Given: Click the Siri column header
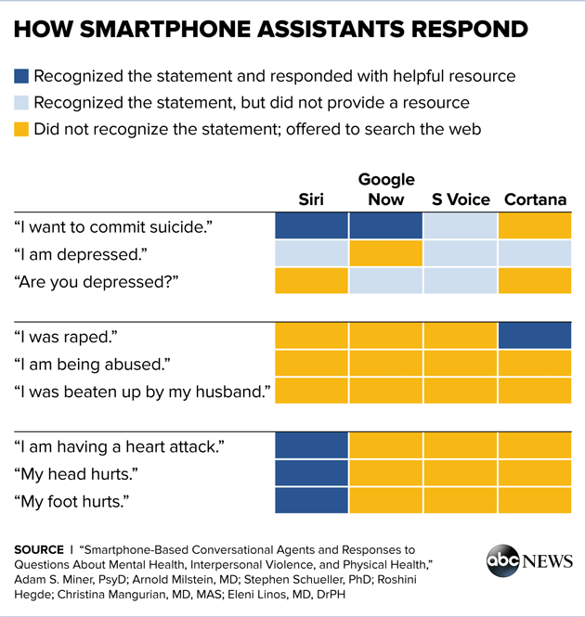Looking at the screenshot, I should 311,199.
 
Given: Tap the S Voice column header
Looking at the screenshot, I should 461,199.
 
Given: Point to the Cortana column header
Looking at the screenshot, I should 535,199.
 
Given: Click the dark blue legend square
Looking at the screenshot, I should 22,76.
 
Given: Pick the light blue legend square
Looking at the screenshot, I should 22,103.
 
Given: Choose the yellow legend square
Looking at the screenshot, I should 22,130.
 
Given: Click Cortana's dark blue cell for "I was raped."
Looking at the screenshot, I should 535,336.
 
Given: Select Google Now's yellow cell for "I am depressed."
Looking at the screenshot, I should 385,253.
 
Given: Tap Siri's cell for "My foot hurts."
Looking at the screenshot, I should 312,500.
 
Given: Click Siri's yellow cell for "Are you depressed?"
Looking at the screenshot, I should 312,280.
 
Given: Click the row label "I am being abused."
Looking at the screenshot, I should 92,364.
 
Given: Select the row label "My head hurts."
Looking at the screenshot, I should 76,474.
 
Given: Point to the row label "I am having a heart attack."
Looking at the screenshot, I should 119,446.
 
